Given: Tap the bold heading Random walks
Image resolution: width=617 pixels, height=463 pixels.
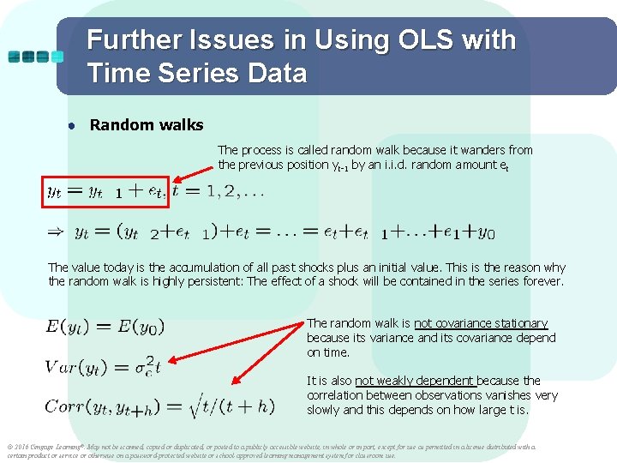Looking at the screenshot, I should click(x=147, y=125).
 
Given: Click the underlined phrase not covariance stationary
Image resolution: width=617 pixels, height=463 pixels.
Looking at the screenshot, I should click(x=481, y=323).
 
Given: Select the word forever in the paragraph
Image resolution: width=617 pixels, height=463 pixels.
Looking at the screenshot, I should click(x=542, y=281).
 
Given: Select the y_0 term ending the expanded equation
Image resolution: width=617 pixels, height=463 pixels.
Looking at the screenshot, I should click(x=486, y=231).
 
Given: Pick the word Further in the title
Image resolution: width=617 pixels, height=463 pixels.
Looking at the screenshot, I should click(x=134, y=40).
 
